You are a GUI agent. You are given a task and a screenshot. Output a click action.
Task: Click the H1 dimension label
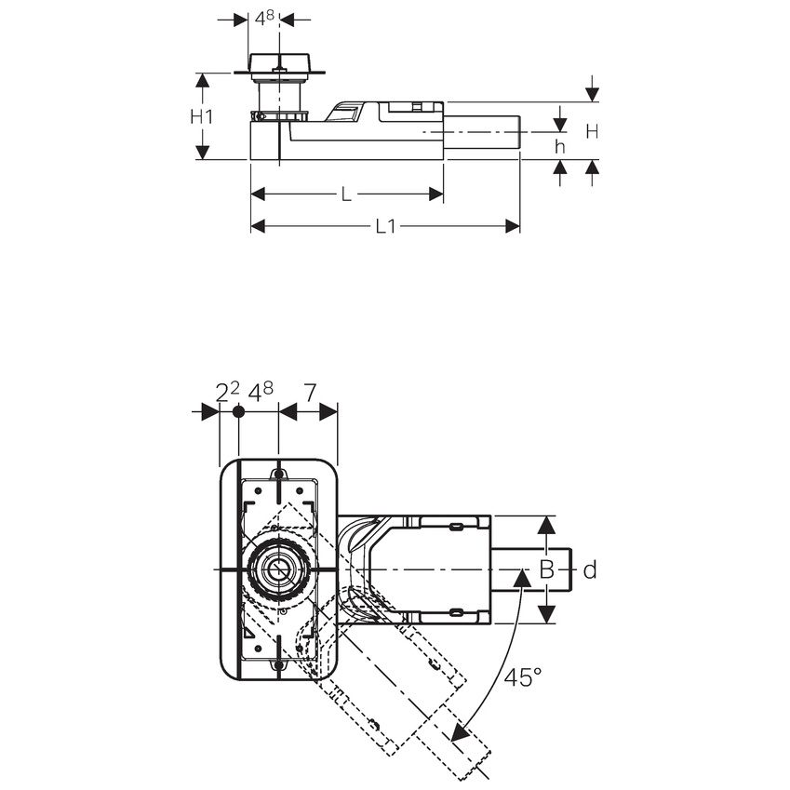(x=202, y=116)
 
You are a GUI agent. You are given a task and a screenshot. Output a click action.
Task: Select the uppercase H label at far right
(x=592, y=132)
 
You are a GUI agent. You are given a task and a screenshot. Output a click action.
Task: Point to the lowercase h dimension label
(x=560, y=147)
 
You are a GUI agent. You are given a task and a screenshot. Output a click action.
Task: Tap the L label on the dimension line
(x=345, y=194)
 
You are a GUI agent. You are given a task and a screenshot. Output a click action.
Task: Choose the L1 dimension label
(x=385, y=226)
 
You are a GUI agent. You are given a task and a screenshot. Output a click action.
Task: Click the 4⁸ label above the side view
(x=264, y=18)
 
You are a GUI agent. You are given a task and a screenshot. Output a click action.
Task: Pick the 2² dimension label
(x=226, y=392)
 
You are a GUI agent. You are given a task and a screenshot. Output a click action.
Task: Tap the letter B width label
(x=547, y=569)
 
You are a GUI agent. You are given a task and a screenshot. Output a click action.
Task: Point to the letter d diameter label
(x=589, y=569)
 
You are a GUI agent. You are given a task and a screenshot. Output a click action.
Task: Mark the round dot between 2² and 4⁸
(x=238, y=411)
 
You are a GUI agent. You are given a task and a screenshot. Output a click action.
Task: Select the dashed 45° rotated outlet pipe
(x=409, y=689)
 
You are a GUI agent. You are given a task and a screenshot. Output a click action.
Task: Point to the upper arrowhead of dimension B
(x=547, y=526)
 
